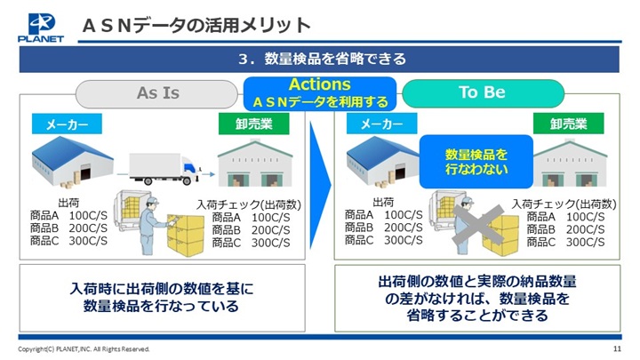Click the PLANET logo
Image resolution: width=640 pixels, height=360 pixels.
tap(41, 28)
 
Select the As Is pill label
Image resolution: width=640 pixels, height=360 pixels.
tap(156, 93)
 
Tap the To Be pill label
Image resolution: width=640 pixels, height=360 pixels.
tap(483, 92)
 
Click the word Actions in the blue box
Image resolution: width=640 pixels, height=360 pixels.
tap(320, 84)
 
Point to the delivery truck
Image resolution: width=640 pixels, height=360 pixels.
tap(164, 169)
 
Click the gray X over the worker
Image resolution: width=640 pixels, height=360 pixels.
tap(477, 225)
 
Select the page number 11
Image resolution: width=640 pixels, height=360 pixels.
tap(617, 348)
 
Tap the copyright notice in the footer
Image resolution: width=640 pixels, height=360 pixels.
tap(84, 349)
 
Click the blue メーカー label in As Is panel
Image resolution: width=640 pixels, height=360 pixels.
tap(67, 124)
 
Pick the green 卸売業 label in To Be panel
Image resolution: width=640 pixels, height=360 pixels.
tap(568, 124)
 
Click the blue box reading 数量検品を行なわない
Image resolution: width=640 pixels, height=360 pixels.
tap(476, 162)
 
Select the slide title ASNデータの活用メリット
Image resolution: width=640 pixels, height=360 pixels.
tap(196, 26)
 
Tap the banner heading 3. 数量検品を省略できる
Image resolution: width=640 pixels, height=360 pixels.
tap(322, 59)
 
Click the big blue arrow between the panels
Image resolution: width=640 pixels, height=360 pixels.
tap(320, 185)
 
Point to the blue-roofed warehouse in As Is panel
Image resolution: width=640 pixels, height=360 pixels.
tap(72, 162)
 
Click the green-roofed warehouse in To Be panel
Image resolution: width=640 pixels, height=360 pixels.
tap(570, 163)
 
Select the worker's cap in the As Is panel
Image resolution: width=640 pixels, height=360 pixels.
tap(152, 201)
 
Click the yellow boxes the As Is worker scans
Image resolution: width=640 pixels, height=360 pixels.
tap(186, 235)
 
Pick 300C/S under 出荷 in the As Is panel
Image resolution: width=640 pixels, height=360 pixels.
tap(88, 241)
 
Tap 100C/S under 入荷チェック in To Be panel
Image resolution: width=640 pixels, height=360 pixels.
tap(585, 217)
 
